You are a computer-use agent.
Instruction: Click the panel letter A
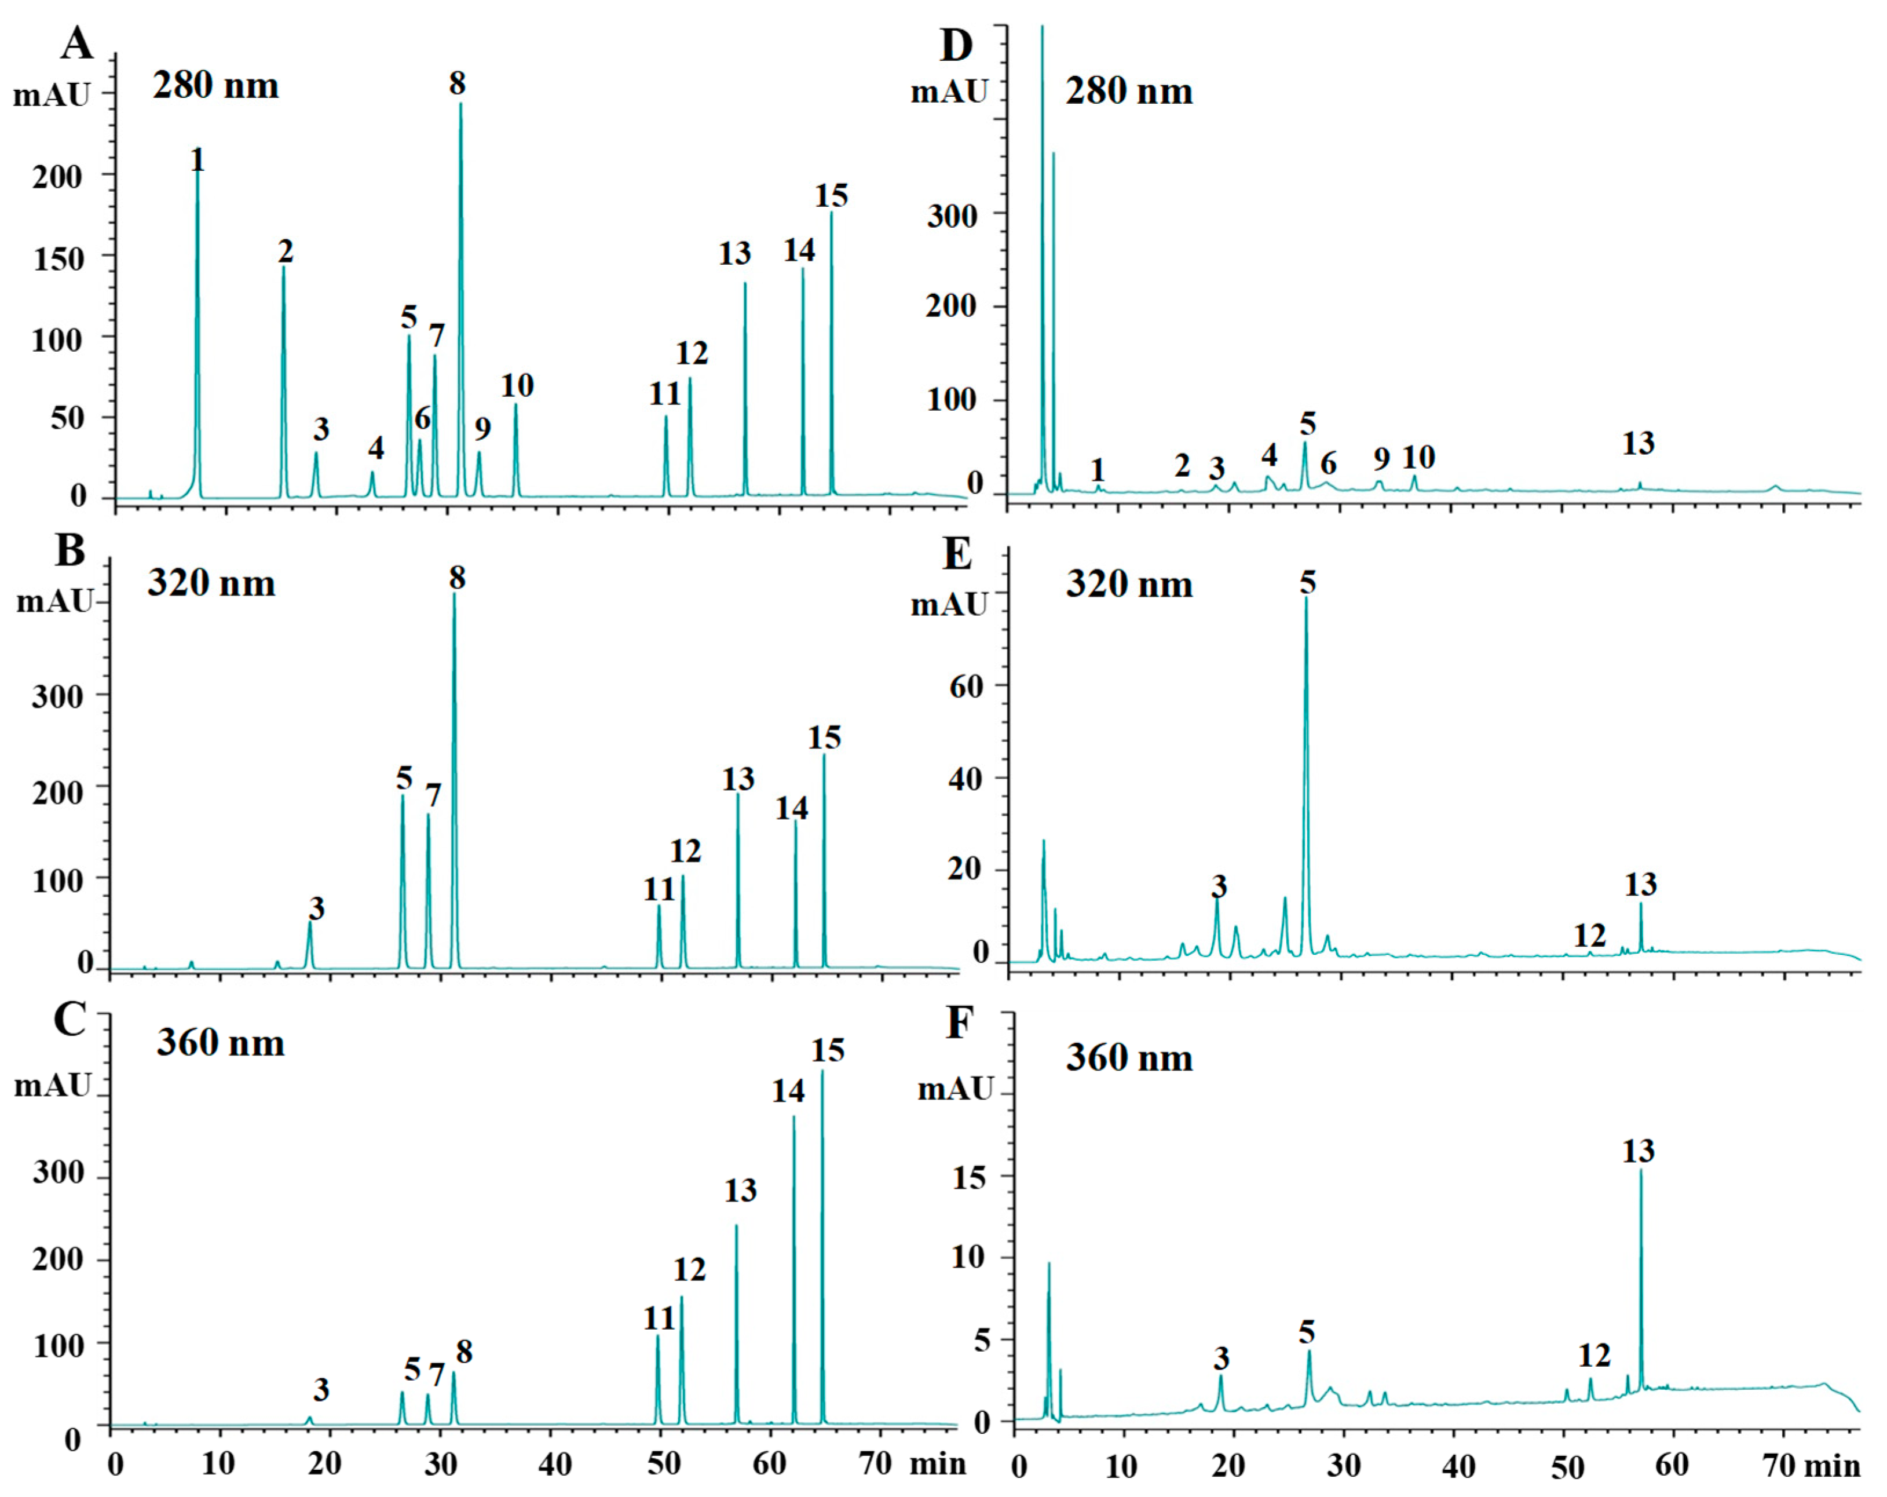77,44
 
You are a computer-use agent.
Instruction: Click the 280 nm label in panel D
1128,91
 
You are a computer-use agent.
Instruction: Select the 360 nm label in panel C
221,1043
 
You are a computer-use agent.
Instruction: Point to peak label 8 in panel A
457,84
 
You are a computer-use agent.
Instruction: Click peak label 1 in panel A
198,160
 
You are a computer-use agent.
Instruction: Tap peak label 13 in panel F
1639,1151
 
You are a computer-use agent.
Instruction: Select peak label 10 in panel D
1419,457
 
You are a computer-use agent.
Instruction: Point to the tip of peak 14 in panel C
794,1116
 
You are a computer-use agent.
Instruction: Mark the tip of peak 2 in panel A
284,267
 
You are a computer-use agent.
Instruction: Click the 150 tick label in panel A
58,259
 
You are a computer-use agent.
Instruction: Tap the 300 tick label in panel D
952,216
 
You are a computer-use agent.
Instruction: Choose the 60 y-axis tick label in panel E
966,687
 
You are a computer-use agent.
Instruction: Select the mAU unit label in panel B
54,603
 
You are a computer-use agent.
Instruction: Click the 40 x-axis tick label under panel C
555,1464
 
